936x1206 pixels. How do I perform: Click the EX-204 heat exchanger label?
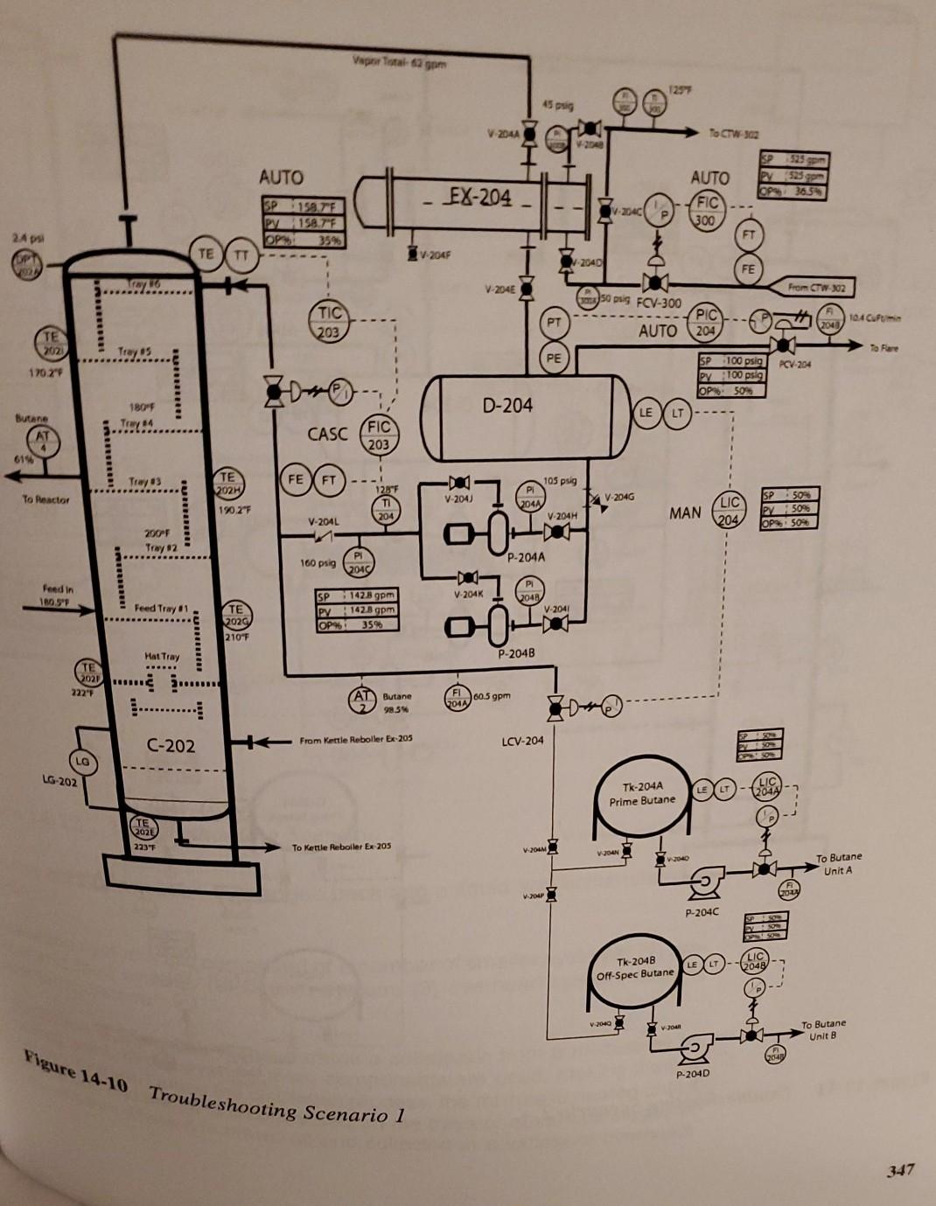tap(480, 196)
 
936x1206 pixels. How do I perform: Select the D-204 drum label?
tap(506, 406)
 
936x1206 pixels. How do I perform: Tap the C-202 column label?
tap(171, 745)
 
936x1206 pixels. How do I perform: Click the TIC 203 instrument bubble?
tap(328, 321)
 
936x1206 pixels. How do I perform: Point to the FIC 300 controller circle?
tap(707, 210)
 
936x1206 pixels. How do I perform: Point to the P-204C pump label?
tap(702, 912)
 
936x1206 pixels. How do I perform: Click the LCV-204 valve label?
tap(522, 741)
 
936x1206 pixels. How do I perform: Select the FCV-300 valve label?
tap(658, 303)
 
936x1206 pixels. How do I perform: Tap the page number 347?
tap(901, 1168)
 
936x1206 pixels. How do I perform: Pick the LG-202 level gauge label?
tap(59, 780)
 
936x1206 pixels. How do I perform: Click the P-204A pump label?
tap(525, 556)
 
